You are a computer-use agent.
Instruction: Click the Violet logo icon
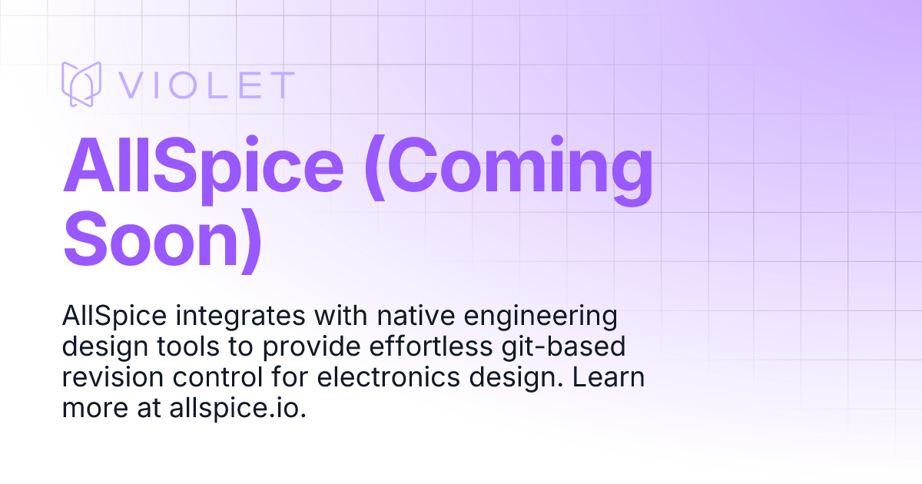click(x=81, y=84)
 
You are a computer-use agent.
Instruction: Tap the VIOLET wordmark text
click(x=207, y=85)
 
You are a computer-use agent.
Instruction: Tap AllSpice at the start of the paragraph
click(x=114, y=317)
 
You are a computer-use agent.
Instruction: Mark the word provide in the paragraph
click(x=307, y=348)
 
